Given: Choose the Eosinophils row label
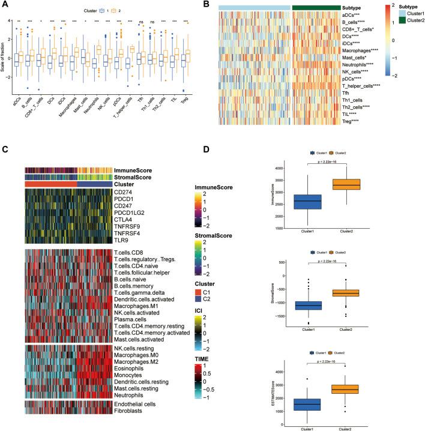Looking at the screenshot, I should click(x=128, y=365).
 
